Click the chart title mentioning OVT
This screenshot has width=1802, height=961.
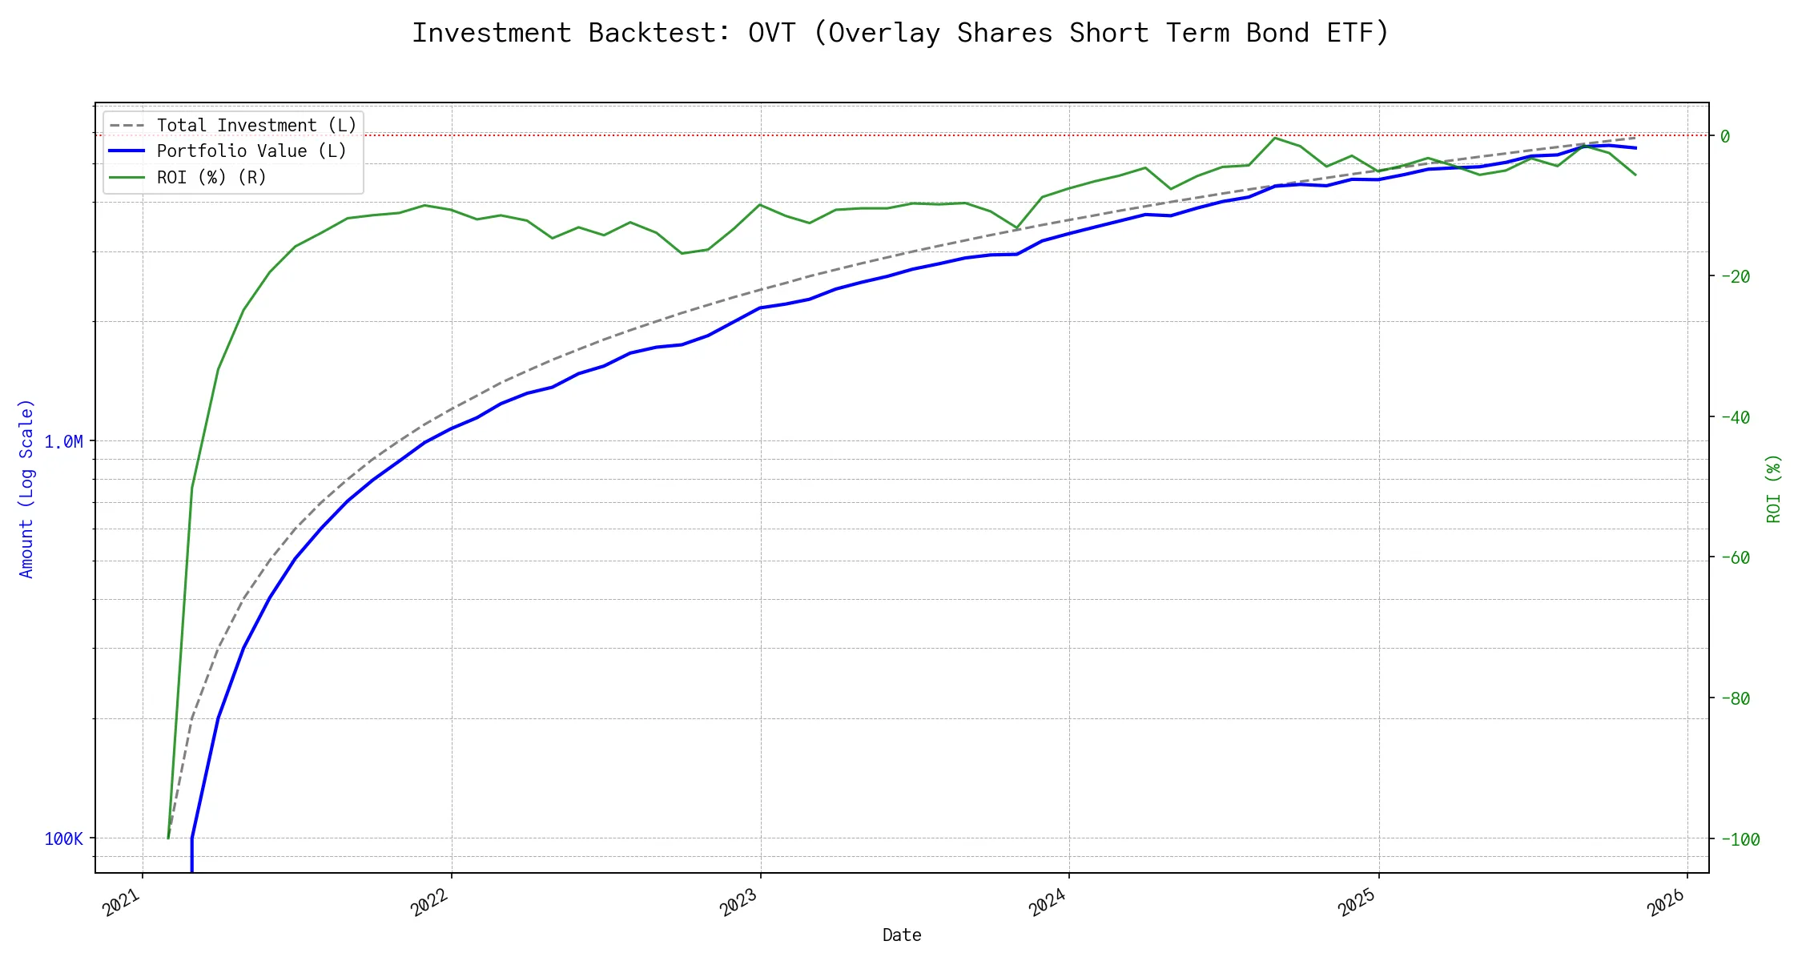pyautogui.click(x=900, y=33)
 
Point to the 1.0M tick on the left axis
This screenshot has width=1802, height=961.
pyautogui.click(x=64, y=441)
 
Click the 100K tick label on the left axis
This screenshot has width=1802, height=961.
pyautogui.click(x=64, y=838)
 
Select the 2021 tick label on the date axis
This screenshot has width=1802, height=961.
pyautogui.click(x=123, y=903)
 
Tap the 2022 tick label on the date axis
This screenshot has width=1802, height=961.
pyautogui.click(x=431, y=903)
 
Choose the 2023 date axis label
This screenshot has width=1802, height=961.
pyautogui.click(x=739, y=903)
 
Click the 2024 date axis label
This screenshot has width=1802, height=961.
pyautogui.click(x=1048, y=903)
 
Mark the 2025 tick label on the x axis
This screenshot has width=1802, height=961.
pyautogui.click(x=1358, y=903)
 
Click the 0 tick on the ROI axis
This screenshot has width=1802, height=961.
pyautogui.click(x=1725, y=136)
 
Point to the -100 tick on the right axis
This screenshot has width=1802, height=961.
pyautogui.click(x=1740, y=839)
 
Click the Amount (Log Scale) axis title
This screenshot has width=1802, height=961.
pyautogui.click(x=26, y=489)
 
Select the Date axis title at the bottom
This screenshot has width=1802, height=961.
pyautogui.click(x=902, y=935)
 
